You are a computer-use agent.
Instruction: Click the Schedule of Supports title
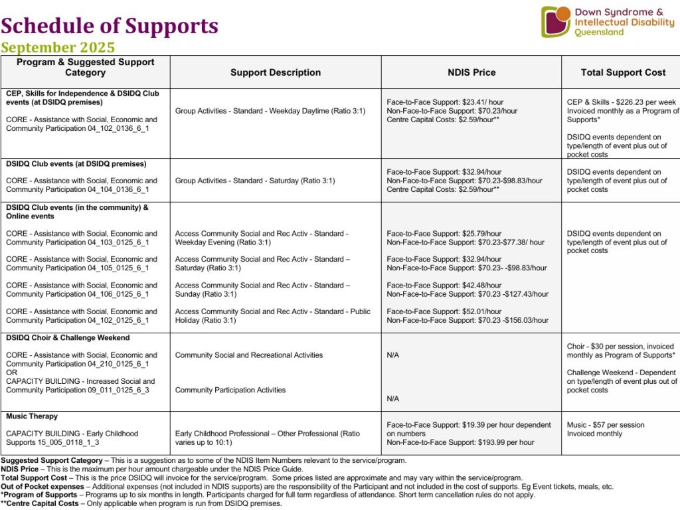(110, 26)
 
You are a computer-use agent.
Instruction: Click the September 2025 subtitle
(58, 48)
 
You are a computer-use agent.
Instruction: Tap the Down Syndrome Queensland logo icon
(555, 21)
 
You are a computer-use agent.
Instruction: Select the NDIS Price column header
(471, 72)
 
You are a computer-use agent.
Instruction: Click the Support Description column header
(276, 72)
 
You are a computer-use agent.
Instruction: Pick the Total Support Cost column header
(623, 72)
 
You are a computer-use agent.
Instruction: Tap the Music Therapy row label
(32, 416)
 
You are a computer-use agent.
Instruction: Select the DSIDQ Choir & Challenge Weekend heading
(68, 337)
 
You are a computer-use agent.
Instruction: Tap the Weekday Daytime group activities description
(270, 111)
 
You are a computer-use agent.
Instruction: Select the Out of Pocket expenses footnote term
(42, 486)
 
